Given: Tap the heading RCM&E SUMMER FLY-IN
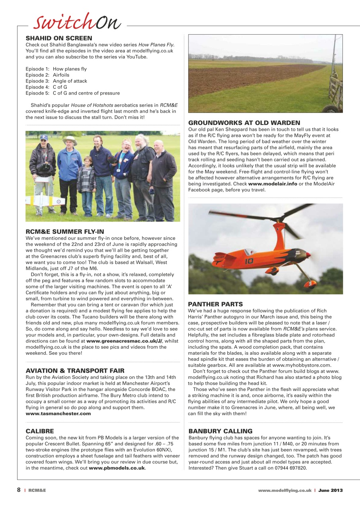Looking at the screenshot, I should pyautogui.click(x=64, y=231).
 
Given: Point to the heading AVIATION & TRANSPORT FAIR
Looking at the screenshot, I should pyautogui.click(x=75, y=371).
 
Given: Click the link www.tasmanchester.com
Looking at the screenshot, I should pyautogui.click(x=58, y=414).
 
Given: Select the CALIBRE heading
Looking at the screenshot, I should pyautogui.click(x=39, y=431).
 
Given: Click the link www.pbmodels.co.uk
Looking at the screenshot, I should pyautogui.click(x=117, y=468).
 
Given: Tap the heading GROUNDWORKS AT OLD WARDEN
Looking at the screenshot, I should pyautogui.click(x=244, y=123).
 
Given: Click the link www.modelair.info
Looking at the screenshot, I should pyautogui.click(x=272, y=184).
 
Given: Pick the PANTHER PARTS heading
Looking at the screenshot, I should pyautogui.click(x=215, y=304).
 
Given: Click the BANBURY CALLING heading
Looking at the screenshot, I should pyautogui.click(x=220, y=431).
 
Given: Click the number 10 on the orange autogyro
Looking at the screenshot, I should pyautogui.click(x=249, y=261).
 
